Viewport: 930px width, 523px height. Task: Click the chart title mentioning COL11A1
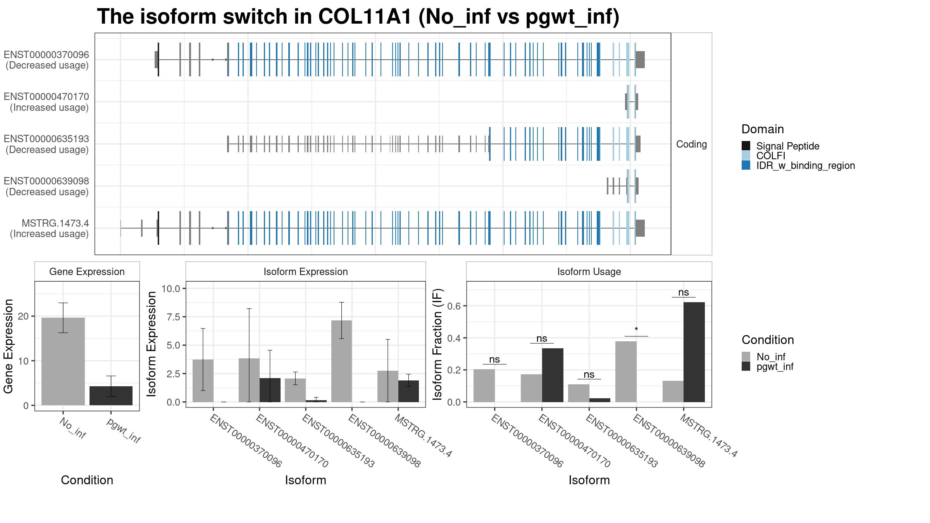click(358, 17)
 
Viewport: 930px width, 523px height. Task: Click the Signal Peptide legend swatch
click(746, 146)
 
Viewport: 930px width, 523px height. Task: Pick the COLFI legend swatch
click(746, 156)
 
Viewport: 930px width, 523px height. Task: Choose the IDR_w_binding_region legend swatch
click(746, 165)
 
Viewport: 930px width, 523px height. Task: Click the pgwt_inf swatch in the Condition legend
click(746, 366)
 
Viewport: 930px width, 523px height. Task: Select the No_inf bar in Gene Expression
click(63, 361)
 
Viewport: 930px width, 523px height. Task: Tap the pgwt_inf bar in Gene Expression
click(111, 396)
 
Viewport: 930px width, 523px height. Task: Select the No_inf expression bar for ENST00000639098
click(342, 361)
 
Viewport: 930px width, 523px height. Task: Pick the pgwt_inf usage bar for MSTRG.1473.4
click(694, 352)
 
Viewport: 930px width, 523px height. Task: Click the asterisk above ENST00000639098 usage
click(636, 330)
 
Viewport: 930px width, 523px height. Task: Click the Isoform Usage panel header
click(589, 272)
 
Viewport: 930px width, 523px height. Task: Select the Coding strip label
click(691, 144)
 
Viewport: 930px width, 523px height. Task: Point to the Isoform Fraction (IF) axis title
click(438, 344)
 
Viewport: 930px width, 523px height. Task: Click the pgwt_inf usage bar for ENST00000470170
click(553, 375)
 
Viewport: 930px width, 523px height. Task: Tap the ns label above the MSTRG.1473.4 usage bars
click(684, 292)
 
